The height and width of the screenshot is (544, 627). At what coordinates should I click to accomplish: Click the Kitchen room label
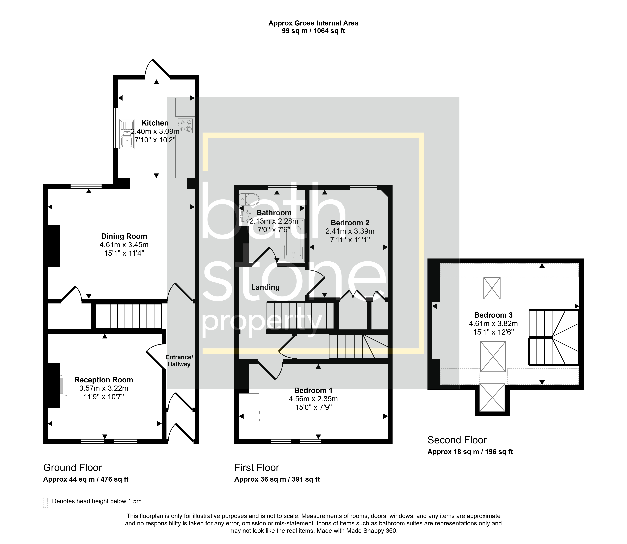coord(155,123)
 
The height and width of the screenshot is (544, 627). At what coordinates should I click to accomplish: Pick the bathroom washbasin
coord(245,217)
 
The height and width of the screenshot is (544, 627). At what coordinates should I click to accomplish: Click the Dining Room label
coord(124,236)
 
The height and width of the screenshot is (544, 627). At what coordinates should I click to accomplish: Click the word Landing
coord(265,287)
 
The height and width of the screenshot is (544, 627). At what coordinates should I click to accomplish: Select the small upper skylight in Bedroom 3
coord(492,288)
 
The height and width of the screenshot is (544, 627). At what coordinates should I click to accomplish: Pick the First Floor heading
coord(257,468)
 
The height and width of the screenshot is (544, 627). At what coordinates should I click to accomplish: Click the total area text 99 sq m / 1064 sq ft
coord(313,31)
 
